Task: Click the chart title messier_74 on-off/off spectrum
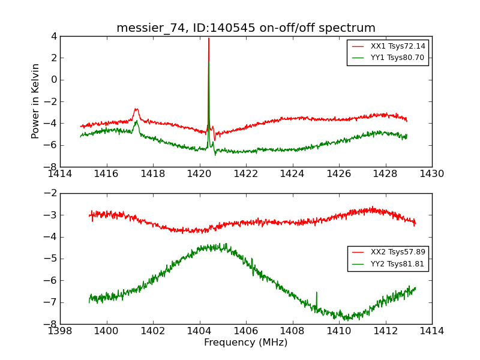pos(246,28)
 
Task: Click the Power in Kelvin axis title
pos(36,101)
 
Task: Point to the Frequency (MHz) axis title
pos(246,343)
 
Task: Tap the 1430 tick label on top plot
pos(431,174)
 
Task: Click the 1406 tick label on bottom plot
pos(246,331)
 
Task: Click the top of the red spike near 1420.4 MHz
pos(209,38)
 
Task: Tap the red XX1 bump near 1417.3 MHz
pos(136,109)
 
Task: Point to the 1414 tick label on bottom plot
pos(431,331)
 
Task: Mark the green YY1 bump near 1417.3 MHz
pos(136,122)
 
